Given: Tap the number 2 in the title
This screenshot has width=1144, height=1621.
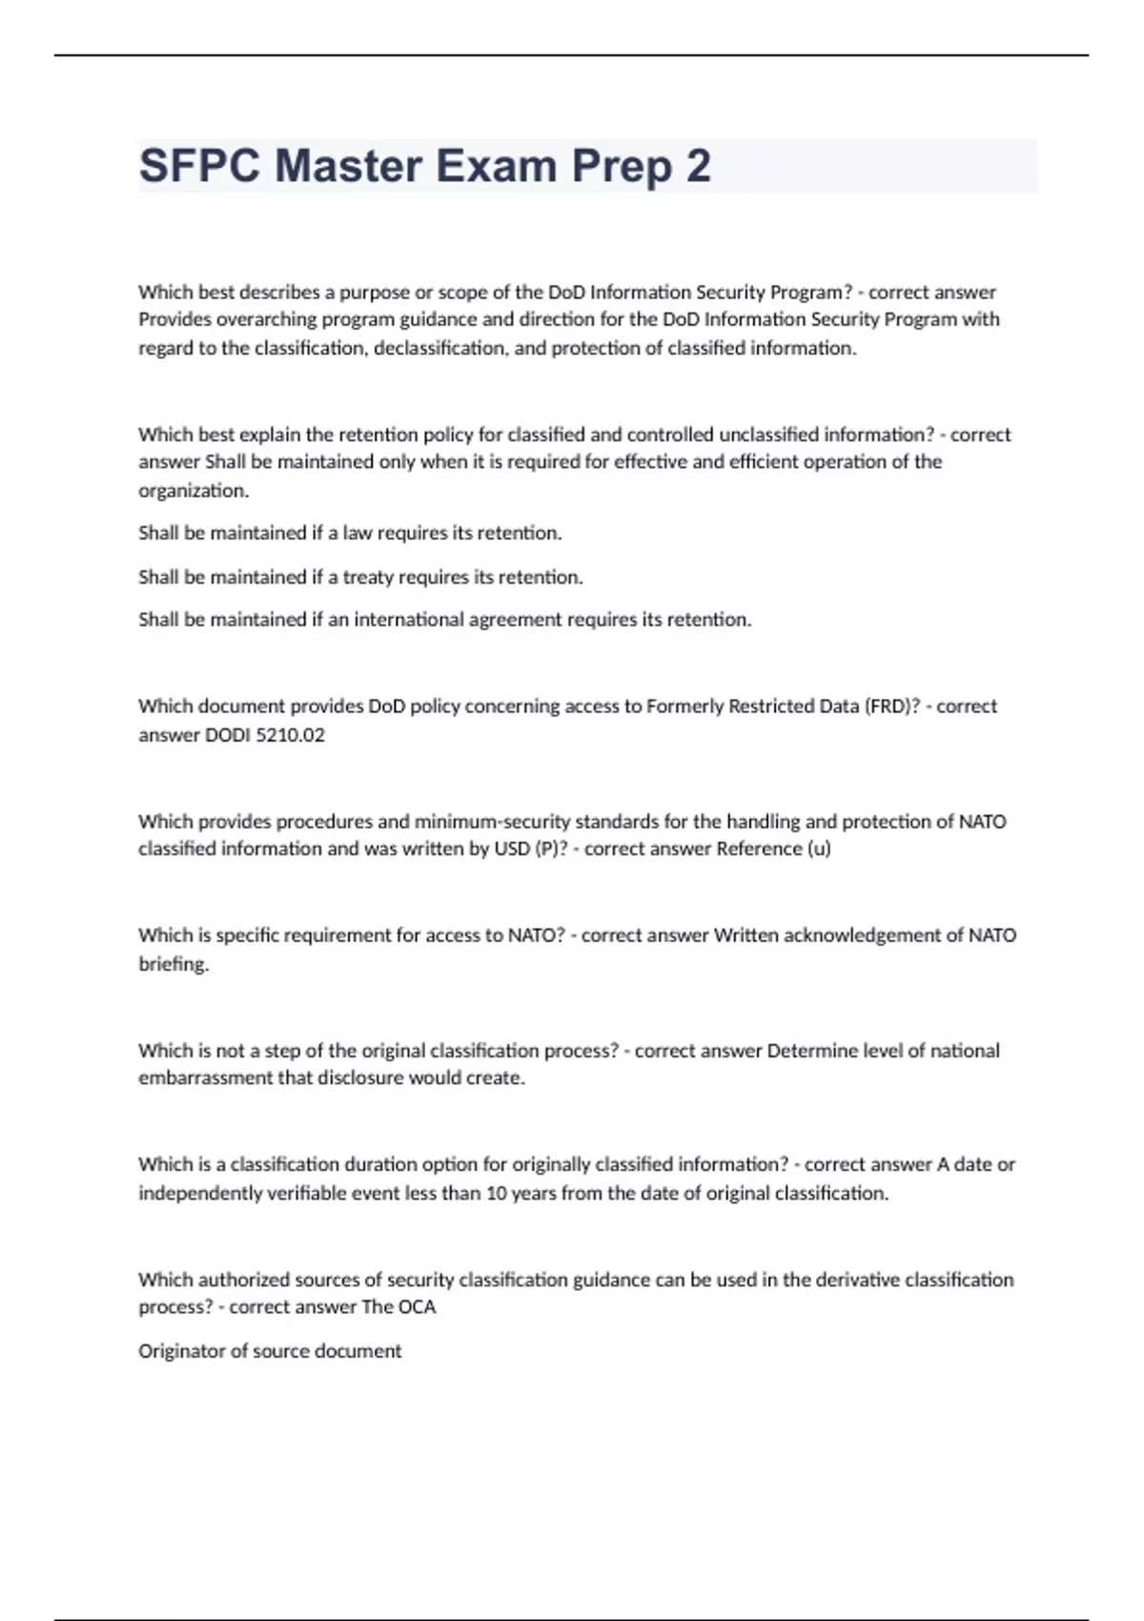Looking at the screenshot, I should pyautogui.click(x=698, y=166).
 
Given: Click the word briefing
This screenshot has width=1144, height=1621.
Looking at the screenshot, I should pyautogui.click(x=174, y=964).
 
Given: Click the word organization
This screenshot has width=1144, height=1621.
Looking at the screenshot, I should pyautogui.click(x=193, y=490).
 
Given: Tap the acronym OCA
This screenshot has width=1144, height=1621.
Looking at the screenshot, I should pyautogui.click(x=417, y=1307).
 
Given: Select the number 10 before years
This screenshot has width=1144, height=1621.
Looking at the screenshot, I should pyautogui.click(x=496, y=1193).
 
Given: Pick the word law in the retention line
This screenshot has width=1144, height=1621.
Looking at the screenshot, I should pyautogui.click(x=357, y=533).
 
